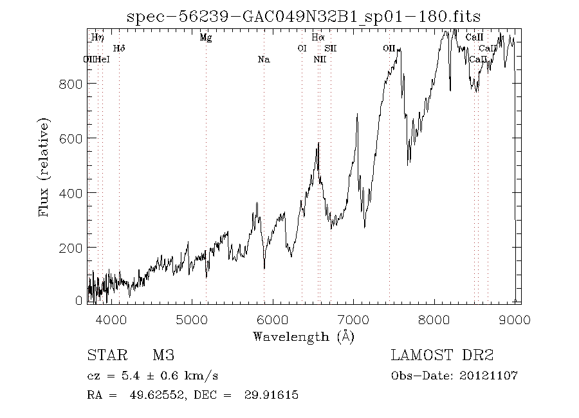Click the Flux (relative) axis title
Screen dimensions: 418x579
(x=44, y=167)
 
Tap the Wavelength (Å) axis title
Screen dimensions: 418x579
(x=304, y=336)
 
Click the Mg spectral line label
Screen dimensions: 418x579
(x=206, y=38)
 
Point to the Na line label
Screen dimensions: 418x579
(x=263, y=60)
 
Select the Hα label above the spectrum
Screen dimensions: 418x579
(x=318, y=38)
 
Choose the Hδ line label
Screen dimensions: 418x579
(x=119, y=48)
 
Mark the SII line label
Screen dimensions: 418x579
(x=330, y=48)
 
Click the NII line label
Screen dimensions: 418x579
(x=320, y=60)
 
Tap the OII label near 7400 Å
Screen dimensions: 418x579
(x=389, y=48)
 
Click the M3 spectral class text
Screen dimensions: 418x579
(x=163, y=355)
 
